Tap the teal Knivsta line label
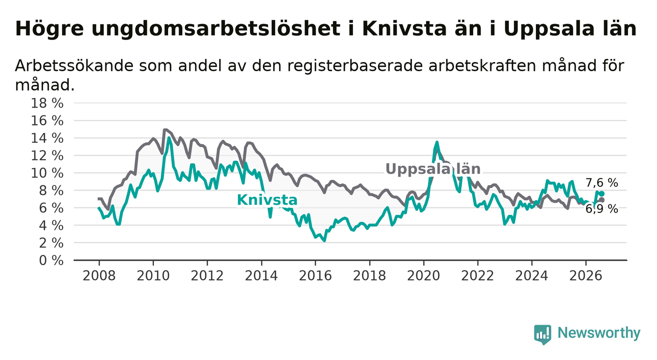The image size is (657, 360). click(267, 200)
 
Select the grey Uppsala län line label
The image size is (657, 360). click(433, 169)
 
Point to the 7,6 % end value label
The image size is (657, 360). click(602, 183)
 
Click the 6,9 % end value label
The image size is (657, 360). click(602, 209)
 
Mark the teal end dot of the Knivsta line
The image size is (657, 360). click(602, 194)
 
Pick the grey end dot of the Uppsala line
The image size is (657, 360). click(602, 200)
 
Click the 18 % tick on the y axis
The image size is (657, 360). click(47, 103)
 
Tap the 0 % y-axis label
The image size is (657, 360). click(51, 260)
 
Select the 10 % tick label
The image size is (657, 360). click(47, 174)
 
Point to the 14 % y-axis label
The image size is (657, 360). click(47, 138)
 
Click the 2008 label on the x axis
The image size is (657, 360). click(99, 276)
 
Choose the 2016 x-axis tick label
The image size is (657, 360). click(315, 276)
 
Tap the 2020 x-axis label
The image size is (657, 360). click(424, 276)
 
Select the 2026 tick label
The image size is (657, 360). click(586, 276)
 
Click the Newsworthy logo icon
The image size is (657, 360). click(543, 334)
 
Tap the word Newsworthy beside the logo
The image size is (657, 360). click(599, 333)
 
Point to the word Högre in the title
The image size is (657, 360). click(50, 29)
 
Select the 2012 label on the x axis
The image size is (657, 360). click(207, 276)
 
